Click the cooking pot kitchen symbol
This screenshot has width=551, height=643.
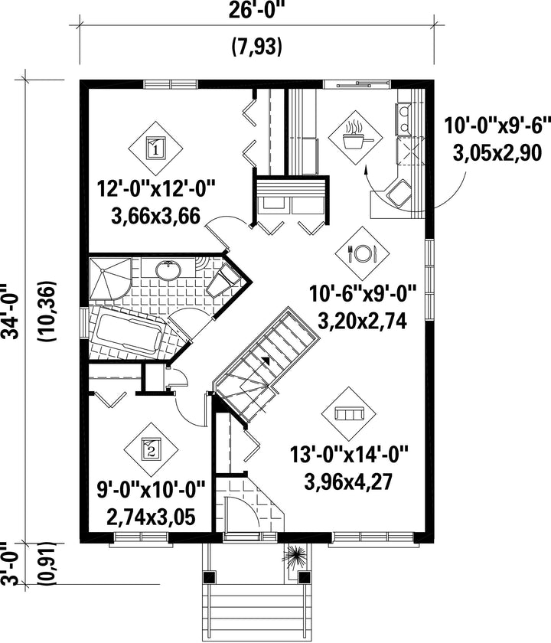pos(355,138)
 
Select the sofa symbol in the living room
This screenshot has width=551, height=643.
pos(349,413)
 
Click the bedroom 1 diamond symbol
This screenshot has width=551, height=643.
pos(155,148)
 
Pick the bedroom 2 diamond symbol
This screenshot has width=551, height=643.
pos(151,449)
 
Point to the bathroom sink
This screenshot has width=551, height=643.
pos(168,270)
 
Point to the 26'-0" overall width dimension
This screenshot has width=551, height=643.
pos(257,11)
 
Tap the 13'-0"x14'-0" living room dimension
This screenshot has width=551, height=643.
pos(349,455)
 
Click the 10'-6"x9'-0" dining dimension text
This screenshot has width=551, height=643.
pos(363,294)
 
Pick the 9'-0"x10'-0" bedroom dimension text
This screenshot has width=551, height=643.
pos(151,490)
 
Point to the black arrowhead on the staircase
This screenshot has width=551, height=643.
pos(266,360)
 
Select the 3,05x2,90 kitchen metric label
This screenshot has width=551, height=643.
pos(497,153)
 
